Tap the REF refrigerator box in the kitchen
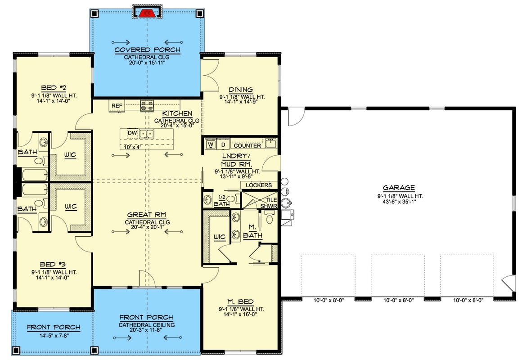pos(117,106)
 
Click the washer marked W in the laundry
pos(210,145)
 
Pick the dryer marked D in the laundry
pos(223,145)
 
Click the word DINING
pos(241,90)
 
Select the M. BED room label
pos(241,301)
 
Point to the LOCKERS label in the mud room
pos(259,185)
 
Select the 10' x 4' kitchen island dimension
pos(129,147)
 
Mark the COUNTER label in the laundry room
pos(247,145)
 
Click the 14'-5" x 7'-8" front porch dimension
pos(53,335)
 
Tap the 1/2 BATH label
pos(221,201)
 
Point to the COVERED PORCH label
pos(147,50)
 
